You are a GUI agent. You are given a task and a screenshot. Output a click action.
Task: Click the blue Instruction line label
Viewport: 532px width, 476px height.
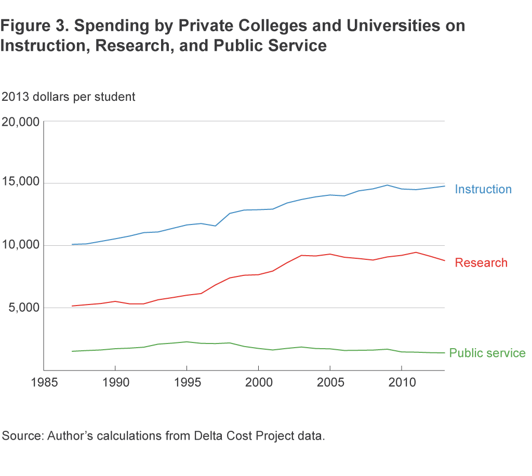pos(483,189)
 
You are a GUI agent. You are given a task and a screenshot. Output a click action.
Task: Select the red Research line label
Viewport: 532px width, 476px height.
pos(481,262)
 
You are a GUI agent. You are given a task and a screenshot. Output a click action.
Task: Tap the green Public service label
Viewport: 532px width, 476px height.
pos(487,353)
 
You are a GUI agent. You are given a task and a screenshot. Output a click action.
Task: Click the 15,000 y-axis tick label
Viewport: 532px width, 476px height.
pos(21,183)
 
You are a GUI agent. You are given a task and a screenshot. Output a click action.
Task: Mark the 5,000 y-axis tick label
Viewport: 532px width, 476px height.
pos(24,307)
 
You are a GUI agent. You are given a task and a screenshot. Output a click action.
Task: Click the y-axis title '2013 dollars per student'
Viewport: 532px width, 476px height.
pos(69,97)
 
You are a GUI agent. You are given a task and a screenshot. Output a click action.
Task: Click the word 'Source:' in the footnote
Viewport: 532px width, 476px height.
pos(22,435)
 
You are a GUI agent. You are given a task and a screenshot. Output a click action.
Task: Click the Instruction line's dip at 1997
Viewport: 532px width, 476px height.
pos(215,226)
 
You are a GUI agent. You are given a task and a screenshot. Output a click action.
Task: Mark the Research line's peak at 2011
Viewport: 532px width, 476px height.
pos(416,253)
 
